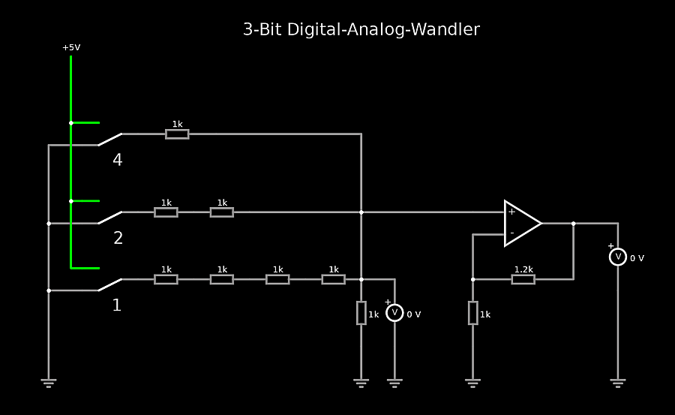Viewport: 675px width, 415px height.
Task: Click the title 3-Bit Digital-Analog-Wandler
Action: (361, 30)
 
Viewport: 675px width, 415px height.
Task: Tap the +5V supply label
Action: (71, 47)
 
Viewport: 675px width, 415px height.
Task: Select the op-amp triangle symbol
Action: (521, 223)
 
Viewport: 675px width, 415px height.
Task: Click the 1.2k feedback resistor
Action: (523, 279)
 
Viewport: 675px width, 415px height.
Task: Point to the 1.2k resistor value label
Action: (523, 269)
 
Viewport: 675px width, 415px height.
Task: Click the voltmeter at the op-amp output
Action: (618, 257)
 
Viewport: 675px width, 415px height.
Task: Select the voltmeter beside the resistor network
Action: (394, 313)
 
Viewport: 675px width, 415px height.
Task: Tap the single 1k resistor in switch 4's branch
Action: (177, 134)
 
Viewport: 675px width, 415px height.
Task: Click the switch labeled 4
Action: (109, 139)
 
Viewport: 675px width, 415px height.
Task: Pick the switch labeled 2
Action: (109, 218)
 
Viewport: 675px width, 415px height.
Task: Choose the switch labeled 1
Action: (109, 285)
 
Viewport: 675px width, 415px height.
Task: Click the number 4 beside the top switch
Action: (118, 160)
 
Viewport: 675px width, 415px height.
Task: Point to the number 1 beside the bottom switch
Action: (117, 305)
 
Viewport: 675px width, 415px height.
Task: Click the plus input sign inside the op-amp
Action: (511, 212)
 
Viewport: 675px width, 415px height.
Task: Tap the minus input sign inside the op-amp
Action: (511, 233)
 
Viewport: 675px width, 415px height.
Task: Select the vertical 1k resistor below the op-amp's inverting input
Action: (472, 312)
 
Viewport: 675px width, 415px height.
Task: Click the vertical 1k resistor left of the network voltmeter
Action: (361, 312)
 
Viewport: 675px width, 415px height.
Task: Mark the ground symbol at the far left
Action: (49, 383)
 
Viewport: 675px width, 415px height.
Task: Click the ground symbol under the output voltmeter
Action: (618, 383)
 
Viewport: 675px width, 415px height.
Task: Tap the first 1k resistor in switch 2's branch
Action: (166, 212)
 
